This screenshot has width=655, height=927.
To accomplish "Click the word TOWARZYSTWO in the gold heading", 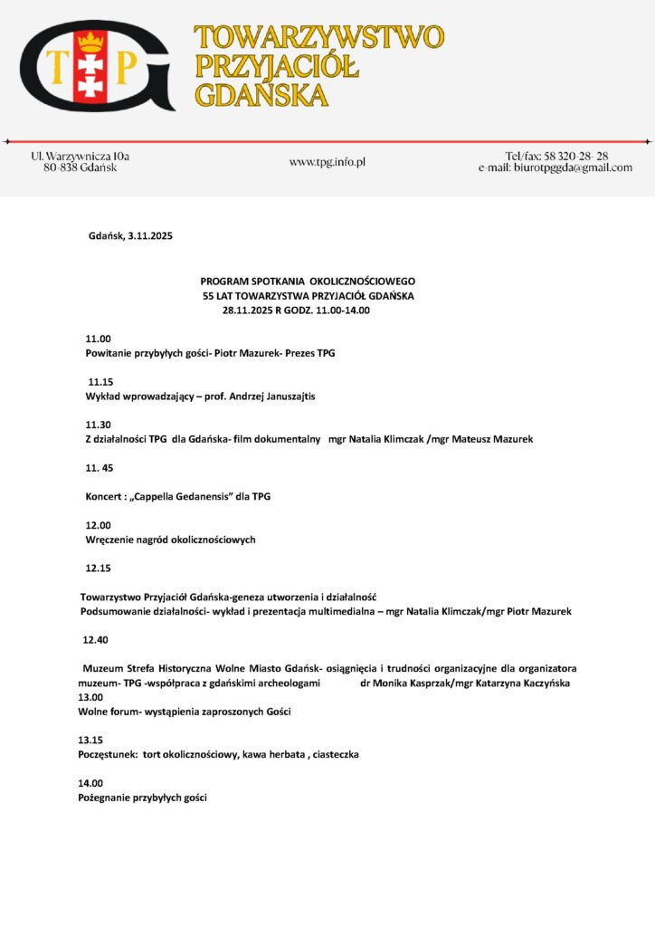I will [319, 37].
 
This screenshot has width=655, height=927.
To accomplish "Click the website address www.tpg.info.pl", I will [327, 162].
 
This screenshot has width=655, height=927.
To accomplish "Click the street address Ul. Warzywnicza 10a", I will [81, 156].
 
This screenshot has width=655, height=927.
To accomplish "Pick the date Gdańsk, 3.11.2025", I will [130, 236].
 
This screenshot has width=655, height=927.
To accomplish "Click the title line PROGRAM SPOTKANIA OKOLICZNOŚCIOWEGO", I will [308, 282].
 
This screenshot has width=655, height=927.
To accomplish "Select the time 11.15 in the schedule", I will [100, 382].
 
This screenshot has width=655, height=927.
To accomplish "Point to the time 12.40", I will [95, 640].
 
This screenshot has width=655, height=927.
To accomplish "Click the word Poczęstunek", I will [108, 755].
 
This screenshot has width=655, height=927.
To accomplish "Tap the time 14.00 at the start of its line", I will [90, 783].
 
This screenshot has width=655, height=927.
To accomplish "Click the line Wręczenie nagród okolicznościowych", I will [170, 540].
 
